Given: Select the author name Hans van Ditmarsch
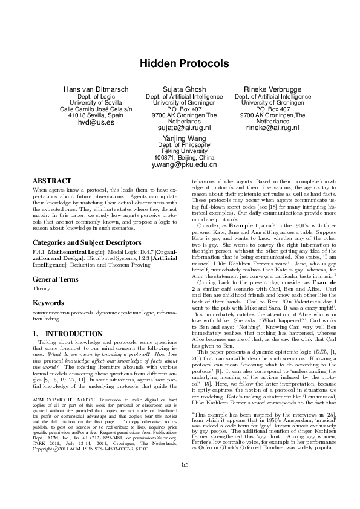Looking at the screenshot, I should click(96, 89).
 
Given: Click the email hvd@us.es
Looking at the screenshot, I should click(96, 122).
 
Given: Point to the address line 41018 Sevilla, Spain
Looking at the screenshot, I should click(96, 115).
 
